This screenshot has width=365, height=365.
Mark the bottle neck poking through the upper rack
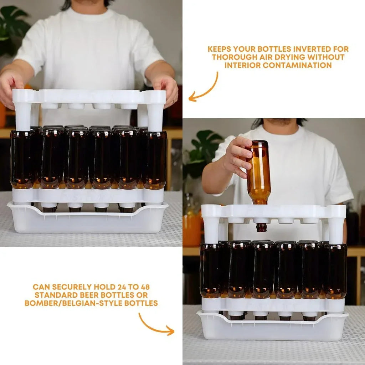click(262, 227)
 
